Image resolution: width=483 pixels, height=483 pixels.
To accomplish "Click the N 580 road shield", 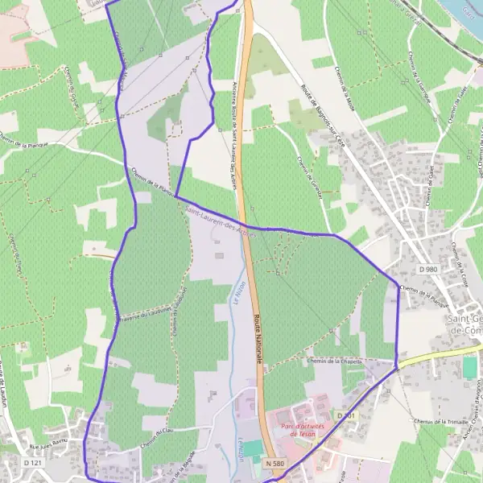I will click(x=275, y=464).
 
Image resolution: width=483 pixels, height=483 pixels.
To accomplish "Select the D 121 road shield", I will click(x=32, y=464).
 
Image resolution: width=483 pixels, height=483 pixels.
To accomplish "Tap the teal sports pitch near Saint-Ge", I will click(x=470, y=367).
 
